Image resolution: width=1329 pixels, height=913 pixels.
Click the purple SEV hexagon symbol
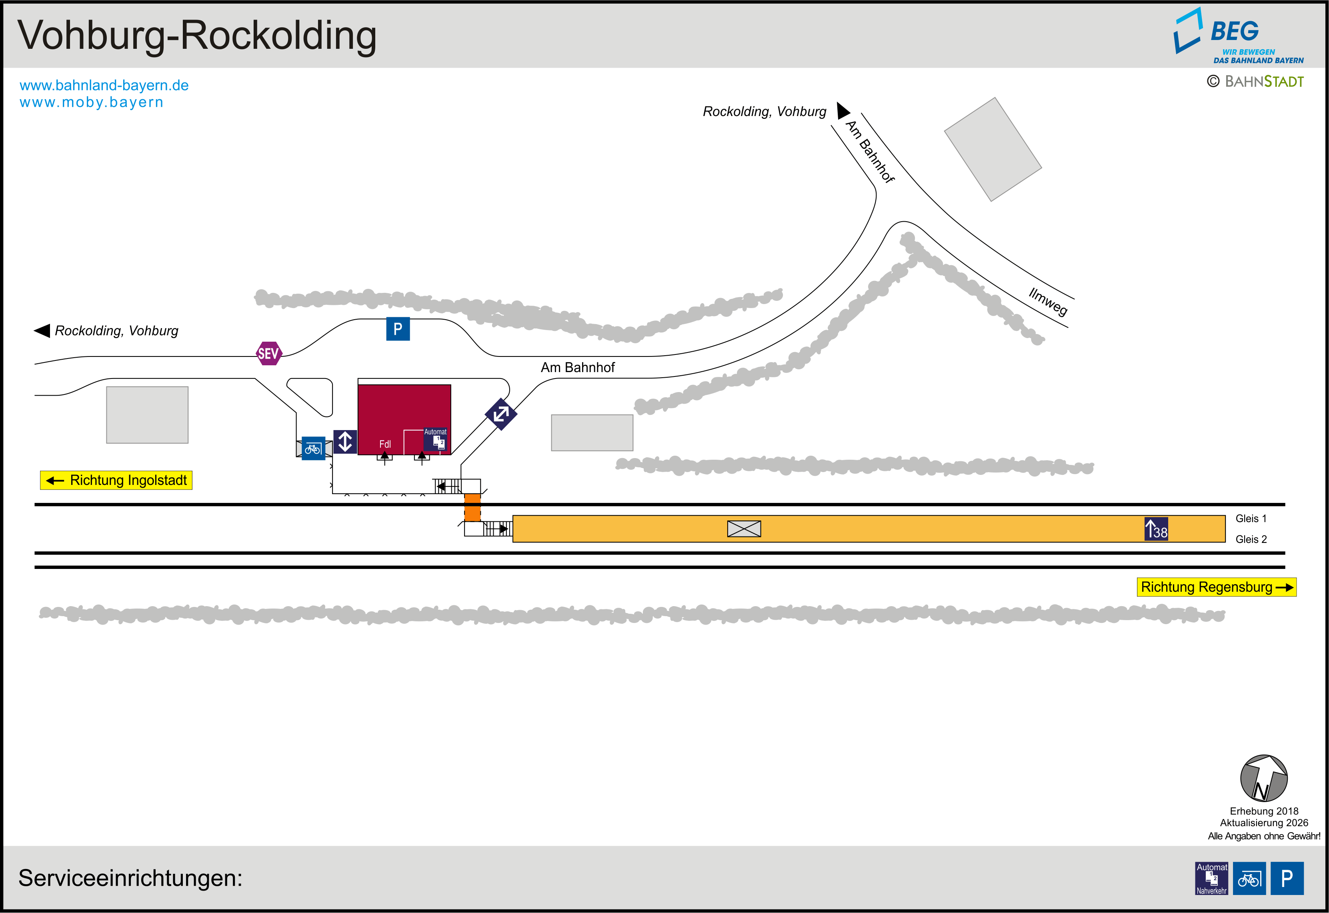click(x=268, y=354)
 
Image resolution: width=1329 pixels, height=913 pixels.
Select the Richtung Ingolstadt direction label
click(x=116, y=481)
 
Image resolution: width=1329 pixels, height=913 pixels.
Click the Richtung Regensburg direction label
click(x=1216, y=587)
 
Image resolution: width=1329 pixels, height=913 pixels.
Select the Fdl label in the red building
click(x=385, y=444)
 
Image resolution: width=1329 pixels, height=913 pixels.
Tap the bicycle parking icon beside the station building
click(x=313, y=448)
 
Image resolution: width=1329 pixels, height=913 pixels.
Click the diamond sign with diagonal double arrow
click(x=501, y=414)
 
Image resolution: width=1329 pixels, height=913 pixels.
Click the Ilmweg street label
click(x=1048, y=302)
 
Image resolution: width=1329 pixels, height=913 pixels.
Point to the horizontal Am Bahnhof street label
click(x=578, y=367)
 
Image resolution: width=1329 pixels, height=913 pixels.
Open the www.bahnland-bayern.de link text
click(x=104, y=85)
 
